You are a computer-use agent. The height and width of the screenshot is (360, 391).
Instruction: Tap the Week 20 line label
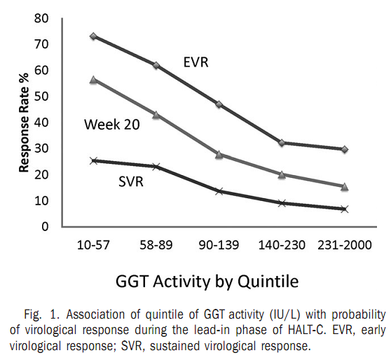tap(111, 125)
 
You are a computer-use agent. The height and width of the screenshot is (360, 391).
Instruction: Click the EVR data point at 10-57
tap(93, 36)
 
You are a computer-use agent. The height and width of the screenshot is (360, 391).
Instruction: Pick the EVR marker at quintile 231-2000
tap(344, 149)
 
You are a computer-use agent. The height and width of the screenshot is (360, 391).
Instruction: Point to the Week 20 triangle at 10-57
tap(93, 80)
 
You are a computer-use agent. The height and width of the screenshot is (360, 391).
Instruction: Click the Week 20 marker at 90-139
tap(219, 154)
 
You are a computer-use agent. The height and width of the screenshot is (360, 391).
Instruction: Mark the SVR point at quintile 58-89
tap(156, 167)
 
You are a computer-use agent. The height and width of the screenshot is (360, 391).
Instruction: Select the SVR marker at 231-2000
tap(344, 209)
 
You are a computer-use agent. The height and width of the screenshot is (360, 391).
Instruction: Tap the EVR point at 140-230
tap(282, 143)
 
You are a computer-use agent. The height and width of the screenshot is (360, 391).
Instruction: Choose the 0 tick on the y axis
tap(45, 227)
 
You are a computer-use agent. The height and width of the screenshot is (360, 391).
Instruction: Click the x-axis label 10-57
tap(93, 245)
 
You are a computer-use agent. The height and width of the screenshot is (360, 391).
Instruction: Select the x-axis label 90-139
tap(219, 245)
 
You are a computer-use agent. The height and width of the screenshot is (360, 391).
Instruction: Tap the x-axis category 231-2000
tap(344, 245)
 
